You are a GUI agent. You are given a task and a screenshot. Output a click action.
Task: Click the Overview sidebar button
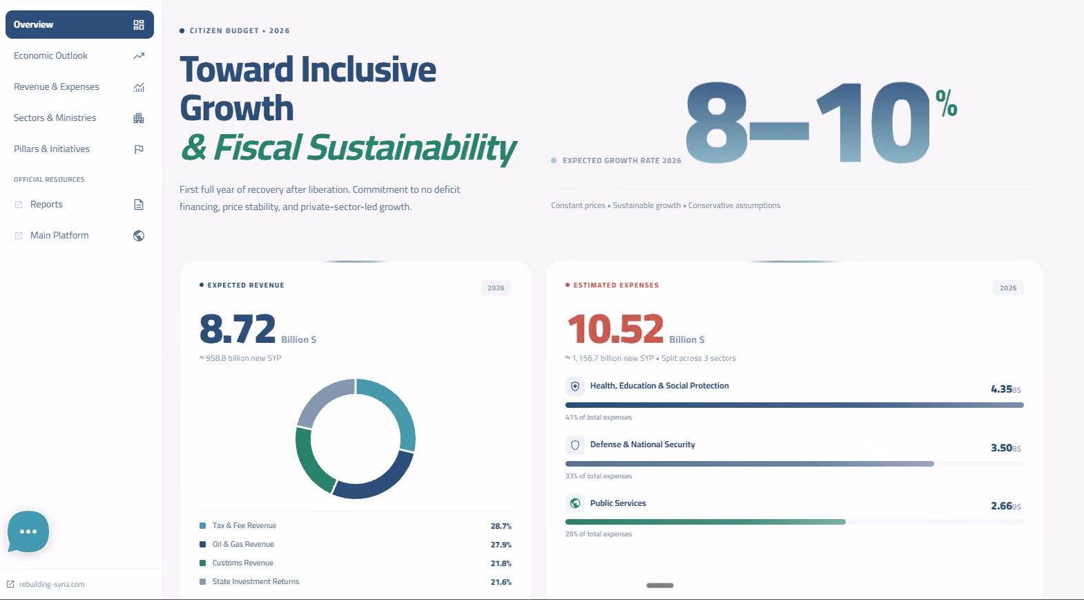coord(79,24)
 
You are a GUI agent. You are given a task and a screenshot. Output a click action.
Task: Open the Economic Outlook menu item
coord(50,56)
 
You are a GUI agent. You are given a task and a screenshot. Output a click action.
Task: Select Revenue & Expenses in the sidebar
coord(56,87)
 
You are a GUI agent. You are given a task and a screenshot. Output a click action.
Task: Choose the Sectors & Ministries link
coord(55,118)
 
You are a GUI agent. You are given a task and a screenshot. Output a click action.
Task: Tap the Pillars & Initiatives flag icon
coord(139,149)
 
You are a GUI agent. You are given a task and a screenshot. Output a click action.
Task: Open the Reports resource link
coord(46,204)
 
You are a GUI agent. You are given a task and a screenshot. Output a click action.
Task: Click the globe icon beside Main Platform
coord(139,236)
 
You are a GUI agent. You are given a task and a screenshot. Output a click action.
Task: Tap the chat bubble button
coord(28,531)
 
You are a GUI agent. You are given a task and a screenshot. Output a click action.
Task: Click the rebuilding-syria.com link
coord(52,584)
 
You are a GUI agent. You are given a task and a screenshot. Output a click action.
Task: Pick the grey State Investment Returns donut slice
coord(322,400)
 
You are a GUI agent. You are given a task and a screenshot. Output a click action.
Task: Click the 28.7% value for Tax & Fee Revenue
coord(501,526)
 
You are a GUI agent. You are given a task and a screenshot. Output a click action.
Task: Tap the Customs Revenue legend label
coord(242,563)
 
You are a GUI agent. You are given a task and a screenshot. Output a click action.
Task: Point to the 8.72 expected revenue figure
coord(238,328)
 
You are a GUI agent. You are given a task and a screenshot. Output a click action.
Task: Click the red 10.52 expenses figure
coord(615,328)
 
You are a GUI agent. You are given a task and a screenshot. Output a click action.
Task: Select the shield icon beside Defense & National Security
coord(575,445)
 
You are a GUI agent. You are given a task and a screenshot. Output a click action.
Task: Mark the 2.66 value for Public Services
coord(1001,506)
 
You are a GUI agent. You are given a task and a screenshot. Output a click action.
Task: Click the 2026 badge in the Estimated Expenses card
coord(1008,288)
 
